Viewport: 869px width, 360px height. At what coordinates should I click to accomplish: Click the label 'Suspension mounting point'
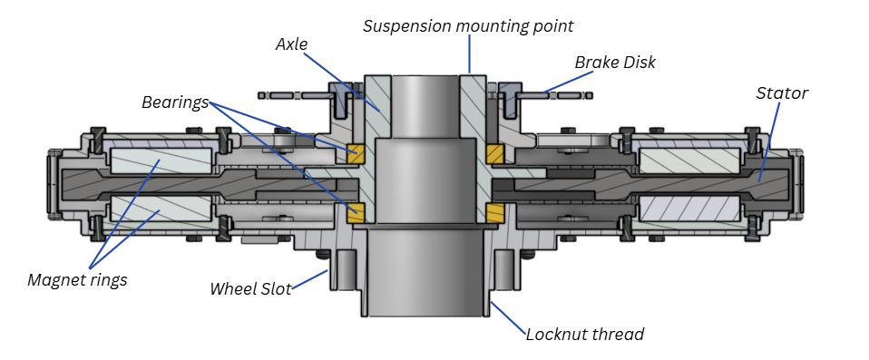[468, 26]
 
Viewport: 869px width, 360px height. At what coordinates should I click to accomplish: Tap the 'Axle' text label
[291, 44]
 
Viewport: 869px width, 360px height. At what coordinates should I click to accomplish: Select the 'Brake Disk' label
[615, 62]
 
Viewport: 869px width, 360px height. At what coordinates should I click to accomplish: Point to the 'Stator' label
[782, 93]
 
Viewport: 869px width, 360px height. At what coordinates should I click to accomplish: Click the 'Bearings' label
[175, 102]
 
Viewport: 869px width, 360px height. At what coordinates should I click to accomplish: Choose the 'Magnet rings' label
[78, 280]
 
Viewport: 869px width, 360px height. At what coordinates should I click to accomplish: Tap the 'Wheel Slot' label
[250, 288]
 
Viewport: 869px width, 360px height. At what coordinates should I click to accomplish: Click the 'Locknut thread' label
[585, 335]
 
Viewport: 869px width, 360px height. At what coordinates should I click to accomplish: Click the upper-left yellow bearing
[355, 154]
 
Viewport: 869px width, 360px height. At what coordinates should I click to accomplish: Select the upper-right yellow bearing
[494, 154]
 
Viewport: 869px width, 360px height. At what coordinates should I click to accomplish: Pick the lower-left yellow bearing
[356, 213]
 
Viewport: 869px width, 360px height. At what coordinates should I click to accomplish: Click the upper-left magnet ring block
[161, 161]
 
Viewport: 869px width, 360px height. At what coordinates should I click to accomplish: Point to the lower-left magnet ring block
[161, 209]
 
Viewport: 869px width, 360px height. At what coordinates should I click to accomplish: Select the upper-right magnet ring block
[690, 161]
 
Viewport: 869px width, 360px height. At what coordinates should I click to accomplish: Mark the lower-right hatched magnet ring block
[690, 209]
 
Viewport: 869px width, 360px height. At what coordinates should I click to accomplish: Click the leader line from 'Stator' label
[769, 141]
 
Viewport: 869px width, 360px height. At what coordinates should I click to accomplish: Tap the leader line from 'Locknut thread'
[508, 318]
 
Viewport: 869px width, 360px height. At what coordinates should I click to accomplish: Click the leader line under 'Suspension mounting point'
[469, 54]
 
